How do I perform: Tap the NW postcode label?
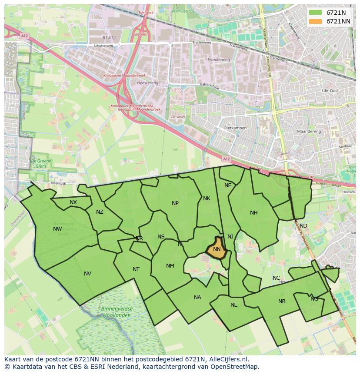(x=57, y=229)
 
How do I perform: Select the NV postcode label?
(x=87, y=274)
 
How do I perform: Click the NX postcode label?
(x=73, y=202)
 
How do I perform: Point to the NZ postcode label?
(x=100, y=212)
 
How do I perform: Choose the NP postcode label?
(x=175, y=203)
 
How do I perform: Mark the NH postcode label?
(x=254, y=213)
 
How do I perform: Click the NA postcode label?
(x=198, y=298)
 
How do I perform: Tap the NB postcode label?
(x=282, y=301)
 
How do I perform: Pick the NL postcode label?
(x=234, y=305)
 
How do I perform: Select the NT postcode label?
(x=136, y=269)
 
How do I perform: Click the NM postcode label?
(x=170, y=266)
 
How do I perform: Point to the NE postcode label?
(x=228, y=185)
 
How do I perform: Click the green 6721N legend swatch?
(x=316, y=13)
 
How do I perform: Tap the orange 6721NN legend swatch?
(x=316, y=21)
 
